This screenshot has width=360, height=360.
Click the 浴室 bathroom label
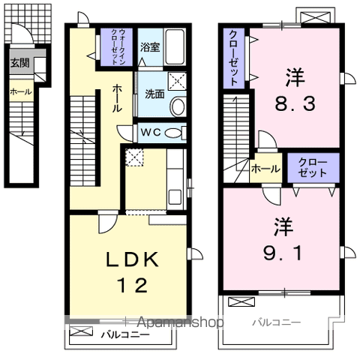coord(150,47)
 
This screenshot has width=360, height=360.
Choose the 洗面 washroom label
coord(154,95)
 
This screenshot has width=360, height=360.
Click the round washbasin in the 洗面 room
coord(177,106)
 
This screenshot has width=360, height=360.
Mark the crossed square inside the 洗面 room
coord(177,82)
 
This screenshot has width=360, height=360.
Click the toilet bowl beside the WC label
coord(173,133)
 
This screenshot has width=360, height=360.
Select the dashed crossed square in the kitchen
coord(135,157)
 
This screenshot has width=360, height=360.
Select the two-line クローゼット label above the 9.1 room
coord(313,166)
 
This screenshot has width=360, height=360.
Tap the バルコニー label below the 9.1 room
coord(276,322)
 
